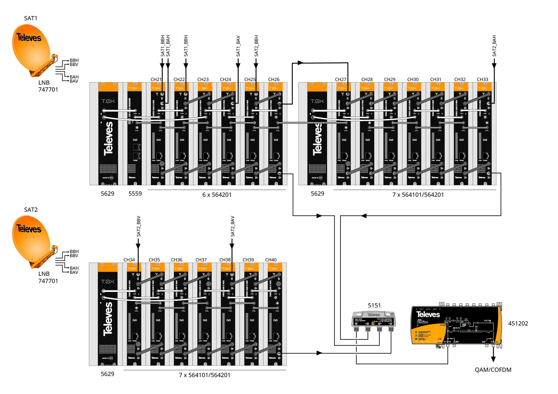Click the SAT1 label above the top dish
tap(31, 18)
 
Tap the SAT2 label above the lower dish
tap(31, 210)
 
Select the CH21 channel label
tap(156, 79)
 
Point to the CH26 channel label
tap(274, 79)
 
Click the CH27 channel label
tap(340, 79)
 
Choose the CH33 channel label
tap(482, 79)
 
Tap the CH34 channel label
tap(129, 260)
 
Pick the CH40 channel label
tap(271, 260)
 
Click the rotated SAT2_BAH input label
tap(494, 46)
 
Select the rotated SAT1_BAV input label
tap(238, 46)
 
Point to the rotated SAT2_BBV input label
tap(138, 226)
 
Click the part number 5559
tap(135, 194)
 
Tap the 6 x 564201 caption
tap(217, 195)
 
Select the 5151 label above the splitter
tap(374, 305)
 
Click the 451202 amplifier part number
tap(518, 324)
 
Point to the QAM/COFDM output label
tap(493, 370)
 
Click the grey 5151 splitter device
tap(373, 320)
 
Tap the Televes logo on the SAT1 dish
tap(29, 37)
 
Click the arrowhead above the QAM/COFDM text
tap(493, 359)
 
